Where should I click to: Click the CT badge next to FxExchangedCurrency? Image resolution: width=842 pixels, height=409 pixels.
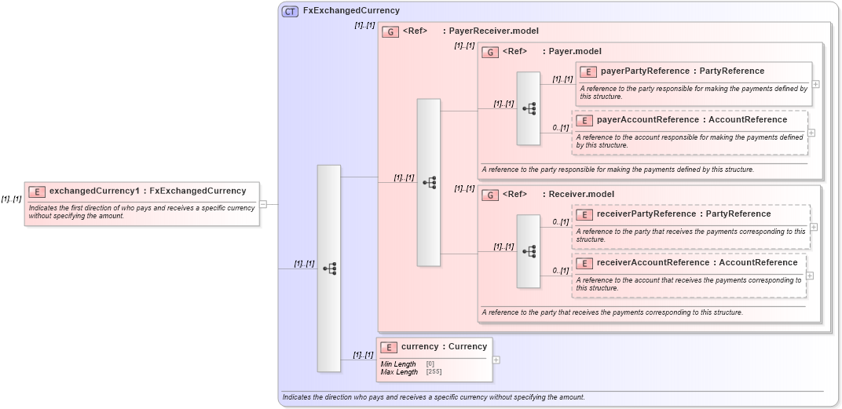coord(290,11)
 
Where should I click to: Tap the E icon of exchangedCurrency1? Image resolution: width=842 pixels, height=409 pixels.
coord(36,191)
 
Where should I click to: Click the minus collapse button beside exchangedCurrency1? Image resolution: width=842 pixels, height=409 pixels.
coord(263,204)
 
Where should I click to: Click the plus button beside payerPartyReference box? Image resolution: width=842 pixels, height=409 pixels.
coord(816,84)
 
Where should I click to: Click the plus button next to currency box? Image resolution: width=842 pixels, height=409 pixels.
coord(496,360)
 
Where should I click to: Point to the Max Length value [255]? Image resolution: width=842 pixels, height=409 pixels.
coord(434,372)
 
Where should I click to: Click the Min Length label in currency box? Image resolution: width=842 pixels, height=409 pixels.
coord(398,364)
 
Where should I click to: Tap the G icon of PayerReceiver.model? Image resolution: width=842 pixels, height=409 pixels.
coord(390,31)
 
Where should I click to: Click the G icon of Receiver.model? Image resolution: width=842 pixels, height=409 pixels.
coord(490,194)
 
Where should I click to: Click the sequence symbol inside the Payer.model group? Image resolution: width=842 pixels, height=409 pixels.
coord(529,108)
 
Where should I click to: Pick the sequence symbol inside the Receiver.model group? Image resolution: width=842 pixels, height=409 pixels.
coord(529,251)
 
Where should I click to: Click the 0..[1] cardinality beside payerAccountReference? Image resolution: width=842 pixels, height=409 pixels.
coord(560,128)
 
